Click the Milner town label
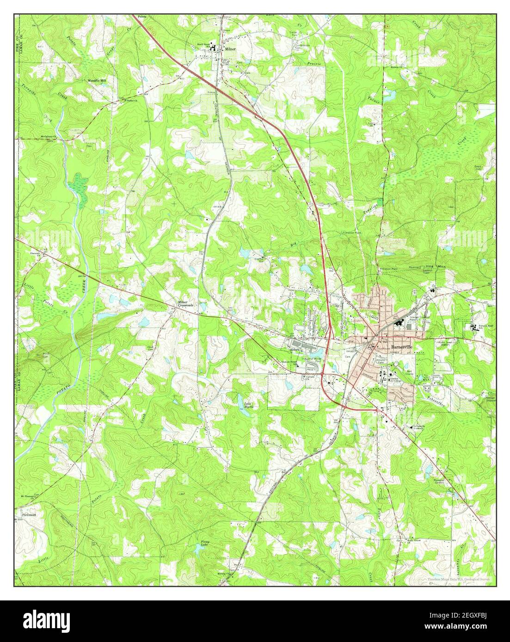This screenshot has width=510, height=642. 230,48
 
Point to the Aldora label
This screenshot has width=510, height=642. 296,349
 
